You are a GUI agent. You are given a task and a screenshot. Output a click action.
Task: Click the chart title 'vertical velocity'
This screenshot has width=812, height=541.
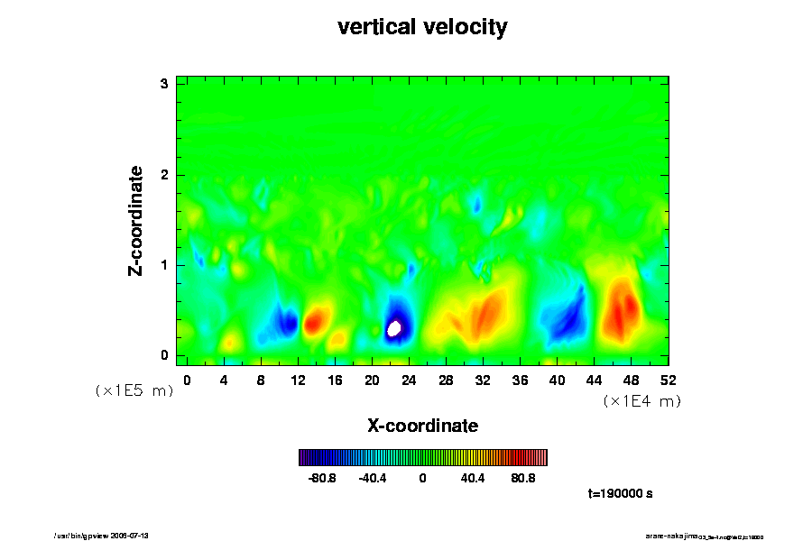coord(422,27)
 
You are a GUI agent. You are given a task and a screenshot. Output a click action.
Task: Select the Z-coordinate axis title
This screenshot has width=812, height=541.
coord(136,220)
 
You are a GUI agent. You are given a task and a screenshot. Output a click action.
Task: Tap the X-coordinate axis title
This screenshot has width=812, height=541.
coord(422,425)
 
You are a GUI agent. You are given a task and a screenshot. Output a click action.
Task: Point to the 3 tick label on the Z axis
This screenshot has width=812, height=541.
coord(165,84)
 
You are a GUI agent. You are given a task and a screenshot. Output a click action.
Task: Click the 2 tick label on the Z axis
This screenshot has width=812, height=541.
coord(165,174)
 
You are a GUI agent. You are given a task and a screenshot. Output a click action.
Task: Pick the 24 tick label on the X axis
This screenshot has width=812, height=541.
coord(409,381)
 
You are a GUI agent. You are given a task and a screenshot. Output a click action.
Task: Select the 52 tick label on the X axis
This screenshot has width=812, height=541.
coord(669,381)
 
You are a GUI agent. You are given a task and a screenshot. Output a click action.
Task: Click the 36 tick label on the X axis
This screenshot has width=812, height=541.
coord(521,381)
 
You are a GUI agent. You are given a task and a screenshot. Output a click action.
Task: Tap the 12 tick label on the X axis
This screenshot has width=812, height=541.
coord(298,381)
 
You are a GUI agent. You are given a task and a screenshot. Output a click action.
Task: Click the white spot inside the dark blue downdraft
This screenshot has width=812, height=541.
coord(393,329)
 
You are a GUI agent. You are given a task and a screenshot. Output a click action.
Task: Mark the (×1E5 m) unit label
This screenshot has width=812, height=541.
coord(134,391)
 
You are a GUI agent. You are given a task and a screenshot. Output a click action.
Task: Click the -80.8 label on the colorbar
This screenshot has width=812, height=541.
coord(322,478)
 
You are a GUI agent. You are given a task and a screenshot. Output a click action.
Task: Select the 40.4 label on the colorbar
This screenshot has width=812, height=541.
coord(473,478)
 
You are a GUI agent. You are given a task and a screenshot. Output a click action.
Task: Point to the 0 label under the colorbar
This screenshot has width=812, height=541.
coord(422,478)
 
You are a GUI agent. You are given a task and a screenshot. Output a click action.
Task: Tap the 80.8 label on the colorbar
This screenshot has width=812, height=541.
coord(523,478)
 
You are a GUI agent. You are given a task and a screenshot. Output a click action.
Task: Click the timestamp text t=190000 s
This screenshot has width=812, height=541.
coord(620,494)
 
